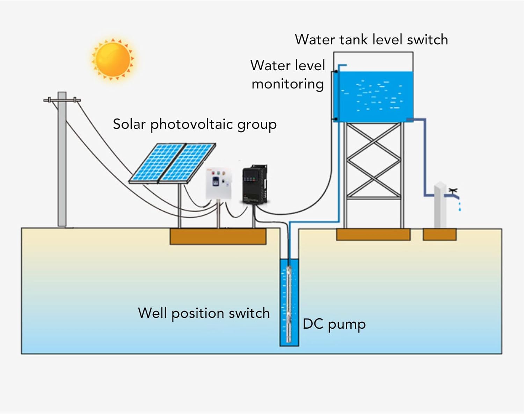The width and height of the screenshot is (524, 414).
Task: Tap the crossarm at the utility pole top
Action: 62,100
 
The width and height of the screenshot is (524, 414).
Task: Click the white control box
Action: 219,183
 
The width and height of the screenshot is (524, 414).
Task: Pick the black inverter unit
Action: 255,184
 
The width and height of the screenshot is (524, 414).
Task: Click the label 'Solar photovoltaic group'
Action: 195,124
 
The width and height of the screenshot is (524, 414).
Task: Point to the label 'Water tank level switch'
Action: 371,40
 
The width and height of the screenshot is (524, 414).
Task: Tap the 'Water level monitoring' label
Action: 288,74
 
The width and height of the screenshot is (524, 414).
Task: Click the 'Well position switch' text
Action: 204,313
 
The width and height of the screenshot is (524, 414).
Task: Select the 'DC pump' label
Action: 334,324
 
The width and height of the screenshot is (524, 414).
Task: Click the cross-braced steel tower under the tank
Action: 373,175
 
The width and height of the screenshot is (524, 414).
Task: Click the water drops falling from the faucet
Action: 459,206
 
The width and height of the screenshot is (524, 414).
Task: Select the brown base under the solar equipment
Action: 218,236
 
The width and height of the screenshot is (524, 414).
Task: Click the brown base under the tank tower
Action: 373,234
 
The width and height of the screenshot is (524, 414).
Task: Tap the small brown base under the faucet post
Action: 439,234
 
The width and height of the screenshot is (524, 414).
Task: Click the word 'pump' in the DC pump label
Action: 347,325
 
